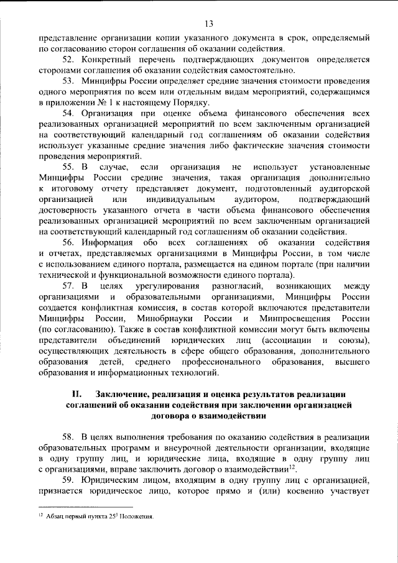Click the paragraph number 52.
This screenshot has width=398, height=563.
pyautogui.click(x=68, y=59)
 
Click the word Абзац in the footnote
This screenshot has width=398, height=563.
pyautogui.click(x=56, y=516)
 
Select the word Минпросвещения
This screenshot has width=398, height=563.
pyautogui.click(x=289, y=319)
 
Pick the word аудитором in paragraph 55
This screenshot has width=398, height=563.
pyautogui.click(x=229, y=199)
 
